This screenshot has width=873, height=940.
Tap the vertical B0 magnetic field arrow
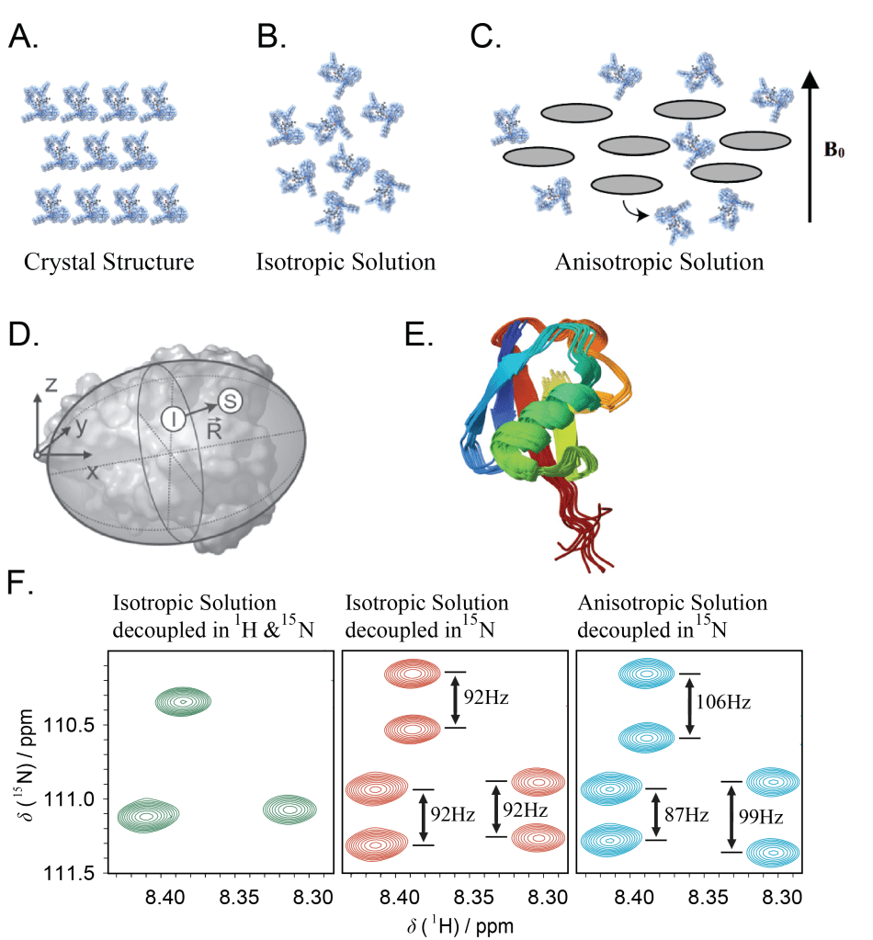click(810, 147)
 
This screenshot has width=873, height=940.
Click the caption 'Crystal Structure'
click(109, 262)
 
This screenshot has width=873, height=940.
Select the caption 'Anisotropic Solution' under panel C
click(659, 262)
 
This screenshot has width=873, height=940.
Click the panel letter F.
click(19, 584)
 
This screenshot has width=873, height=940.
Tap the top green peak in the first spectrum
click(183, 702)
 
